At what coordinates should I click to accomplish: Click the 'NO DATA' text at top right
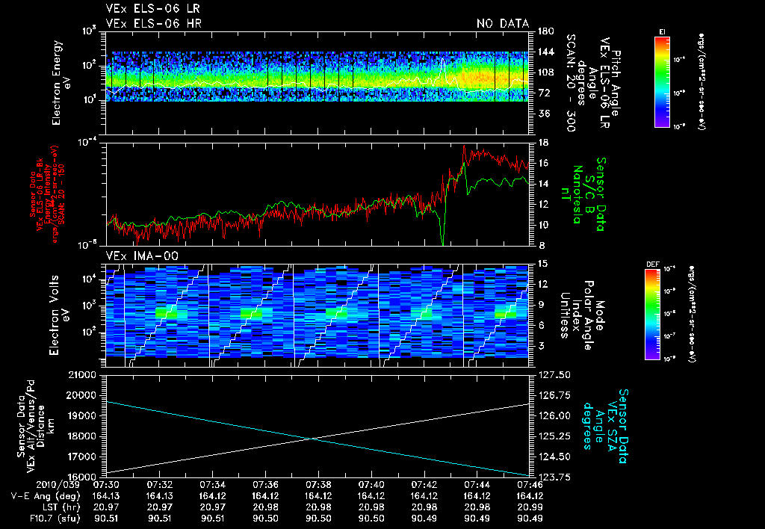(503, 24)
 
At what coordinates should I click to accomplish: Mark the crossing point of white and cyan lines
(313, 439)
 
